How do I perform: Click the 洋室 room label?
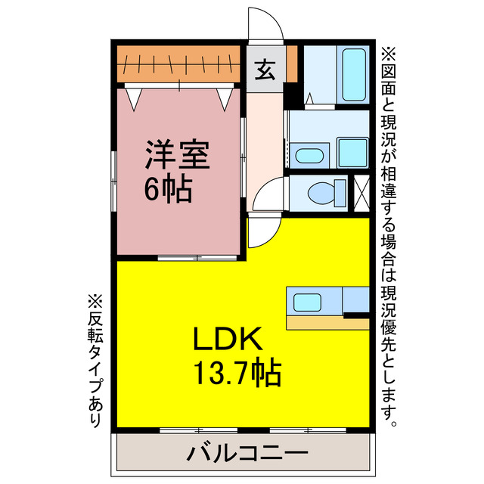pos(178,154)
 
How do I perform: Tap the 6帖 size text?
pos(168,189)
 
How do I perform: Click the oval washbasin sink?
pos(308,156)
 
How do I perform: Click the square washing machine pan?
pos(352,153)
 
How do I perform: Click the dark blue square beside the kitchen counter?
pos(355,303)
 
